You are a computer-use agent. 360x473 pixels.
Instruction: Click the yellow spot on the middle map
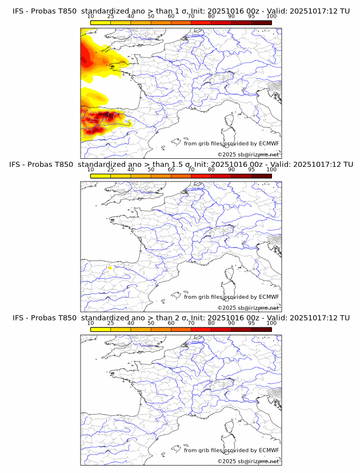pyautogui.click(x=110, y=266)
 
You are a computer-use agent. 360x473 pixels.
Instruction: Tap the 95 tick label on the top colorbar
pyautogui.click(x=251, y=16)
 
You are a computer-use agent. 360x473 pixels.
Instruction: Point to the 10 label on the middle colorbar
pyautogui.click(x=90, y=170)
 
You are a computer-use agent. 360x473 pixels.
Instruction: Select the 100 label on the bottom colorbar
pyautogui.click(x=271, y=323)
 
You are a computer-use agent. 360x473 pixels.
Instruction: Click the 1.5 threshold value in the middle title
pyautogui.click(x=167, y=164)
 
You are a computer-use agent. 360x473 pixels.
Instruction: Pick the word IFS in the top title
pyautogui.click(x=18, y=10)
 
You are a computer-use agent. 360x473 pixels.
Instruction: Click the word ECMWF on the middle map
pyautogui.click(x=269, y=296)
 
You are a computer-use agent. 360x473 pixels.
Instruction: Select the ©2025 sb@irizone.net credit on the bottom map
pyautogui.click(x=248, y=461)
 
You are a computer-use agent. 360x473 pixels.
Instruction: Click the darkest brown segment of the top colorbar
pyautogui.click(x=261, y=22)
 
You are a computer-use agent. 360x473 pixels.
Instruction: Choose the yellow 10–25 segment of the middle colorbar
pyautogui.click(x=101, y=176)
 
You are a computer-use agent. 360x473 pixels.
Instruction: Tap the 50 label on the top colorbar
pyautogui.click(x=151, y=16)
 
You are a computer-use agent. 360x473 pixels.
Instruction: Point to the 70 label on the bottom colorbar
pyautogui.click(x=191, y=323)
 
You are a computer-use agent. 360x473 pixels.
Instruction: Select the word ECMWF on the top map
pyautogui.click(x=269, y=143)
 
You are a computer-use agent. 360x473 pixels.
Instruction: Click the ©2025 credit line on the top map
pyautogui.click(x=248, y=154)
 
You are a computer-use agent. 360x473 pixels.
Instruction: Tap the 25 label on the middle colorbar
pyautogui.click(x=110, y=170)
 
